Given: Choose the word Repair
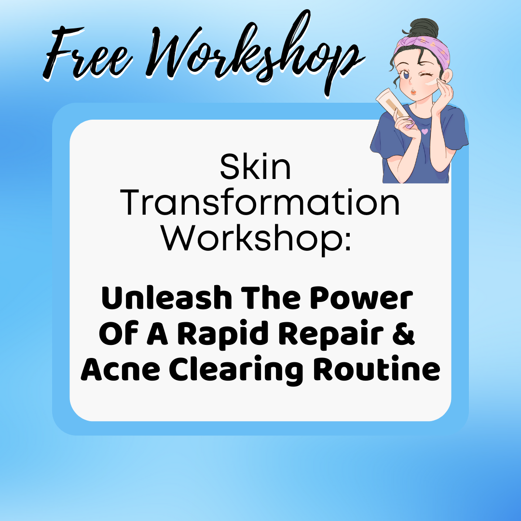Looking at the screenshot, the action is [331, 334].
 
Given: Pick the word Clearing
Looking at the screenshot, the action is [236, 370].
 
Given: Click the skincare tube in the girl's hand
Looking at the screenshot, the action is [392, 103].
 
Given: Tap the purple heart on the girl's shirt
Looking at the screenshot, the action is [425, 131].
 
